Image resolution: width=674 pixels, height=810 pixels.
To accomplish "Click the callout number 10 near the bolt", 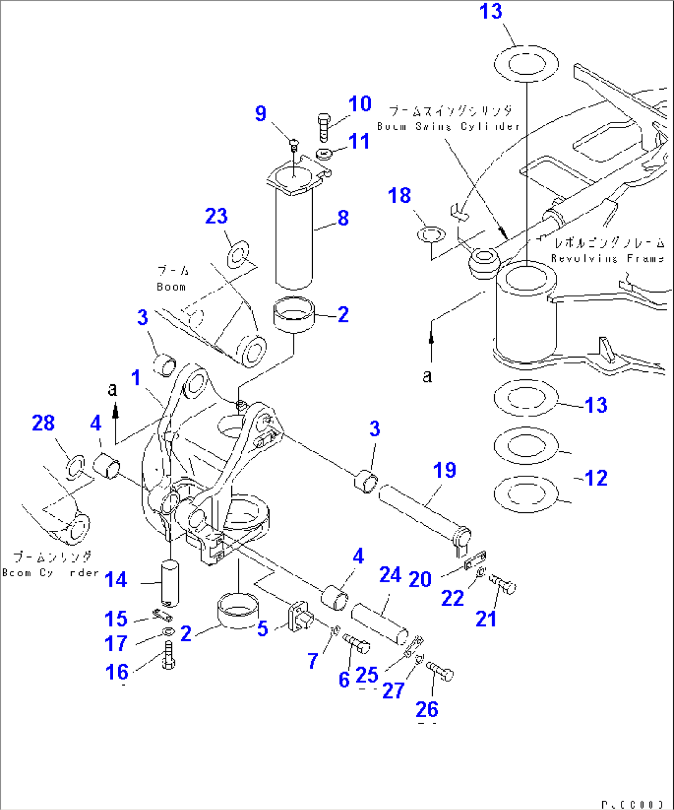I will (x=360, y=104).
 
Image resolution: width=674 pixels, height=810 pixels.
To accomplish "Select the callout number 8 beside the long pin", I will (x=343, y=218).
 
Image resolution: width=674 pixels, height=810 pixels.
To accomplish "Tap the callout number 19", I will (x=444, y=470).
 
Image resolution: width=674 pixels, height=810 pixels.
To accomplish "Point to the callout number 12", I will (x=595, y=478).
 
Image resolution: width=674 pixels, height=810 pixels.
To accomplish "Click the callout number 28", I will (x=43, y=423).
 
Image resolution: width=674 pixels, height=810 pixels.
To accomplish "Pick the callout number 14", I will (x=116, y=580).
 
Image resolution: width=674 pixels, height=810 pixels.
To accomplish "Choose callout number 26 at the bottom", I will (x=427, y=709).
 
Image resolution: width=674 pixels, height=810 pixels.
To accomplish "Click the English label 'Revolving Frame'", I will (x=608, y=259).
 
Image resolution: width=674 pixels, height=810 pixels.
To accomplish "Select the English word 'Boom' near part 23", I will (x=171, y=287).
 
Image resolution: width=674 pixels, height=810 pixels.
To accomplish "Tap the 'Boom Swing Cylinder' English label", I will (x=448, y=126).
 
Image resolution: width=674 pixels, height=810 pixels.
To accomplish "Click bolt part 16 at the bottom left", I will (x=168, y=655).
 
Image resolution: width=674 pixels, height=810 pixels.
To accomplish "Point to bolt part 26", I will (x=440, y=671).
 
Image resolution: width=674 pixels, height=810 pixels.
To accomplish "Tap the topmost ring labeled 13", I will (x=526, y=64).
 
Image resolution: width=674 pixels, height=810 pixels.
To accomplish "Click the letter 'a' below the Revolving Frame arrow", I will (x=427, y=376).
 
